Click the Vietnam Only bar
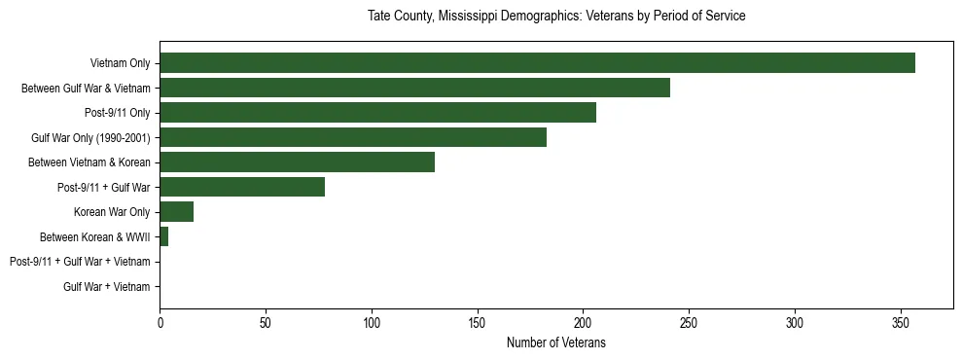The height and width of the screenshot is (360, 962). click(x=537, y=63)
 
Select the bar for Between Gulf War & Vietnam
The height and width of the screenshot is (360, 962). click(x=414, y=89)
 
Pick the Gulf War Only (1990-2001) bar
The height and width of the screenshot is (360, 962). click(x=353, y=137)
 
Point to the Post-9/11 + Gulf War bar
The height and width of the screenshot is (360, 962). click(x=242, y=187)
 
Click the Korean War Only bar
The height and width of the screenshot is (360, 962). click(x=176, y=212)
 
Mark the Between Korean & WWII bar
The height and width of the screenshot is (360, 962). click(x=163, y=236)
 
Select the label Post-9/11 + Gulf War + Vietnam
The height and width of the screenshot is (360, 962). click(x=80, y=262)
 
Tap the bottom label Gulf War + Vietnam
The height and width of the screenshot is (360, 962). click(x=107, y=286)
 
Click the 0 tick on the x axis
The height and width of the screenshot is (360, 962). click(x=160, y=322)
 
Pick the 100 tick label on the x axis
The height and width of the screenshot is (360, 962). click(x=372, y=322)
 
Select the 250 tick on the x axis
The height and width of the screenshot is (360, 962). click(x=689, y=322)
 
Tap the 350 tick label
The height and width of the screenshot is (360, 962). click(x=901, y=322)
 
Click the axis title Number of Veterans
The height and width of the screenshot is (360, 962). click(x=555, y=342)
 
